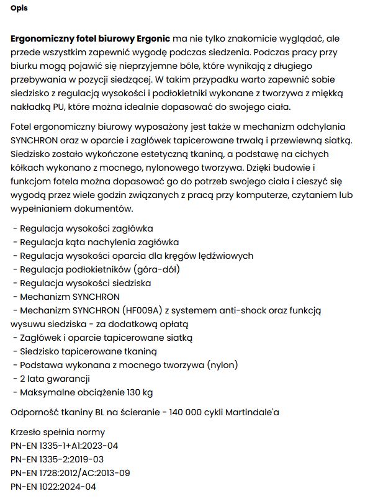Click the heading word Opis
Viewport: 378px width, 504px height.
(x=19, y=9)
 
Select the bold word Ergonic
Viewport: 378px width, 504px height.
(x=153, y=38)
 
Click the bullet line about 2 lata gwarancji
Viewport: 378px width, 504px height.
(x=52, y=379)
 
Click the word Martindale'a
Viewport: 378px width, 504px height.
(x=254, y=412)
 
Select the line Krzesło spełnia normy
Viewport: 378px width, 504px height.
(x=58, y=432)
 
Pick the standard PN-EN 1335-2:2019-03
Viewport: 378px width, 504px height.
(x=57, y=459)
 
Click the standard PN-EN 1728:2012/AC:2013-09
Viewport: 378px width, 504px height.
(x=70, y=473)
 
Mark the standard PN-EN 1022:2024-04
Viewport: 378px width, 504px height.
(x=53, y=487)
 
